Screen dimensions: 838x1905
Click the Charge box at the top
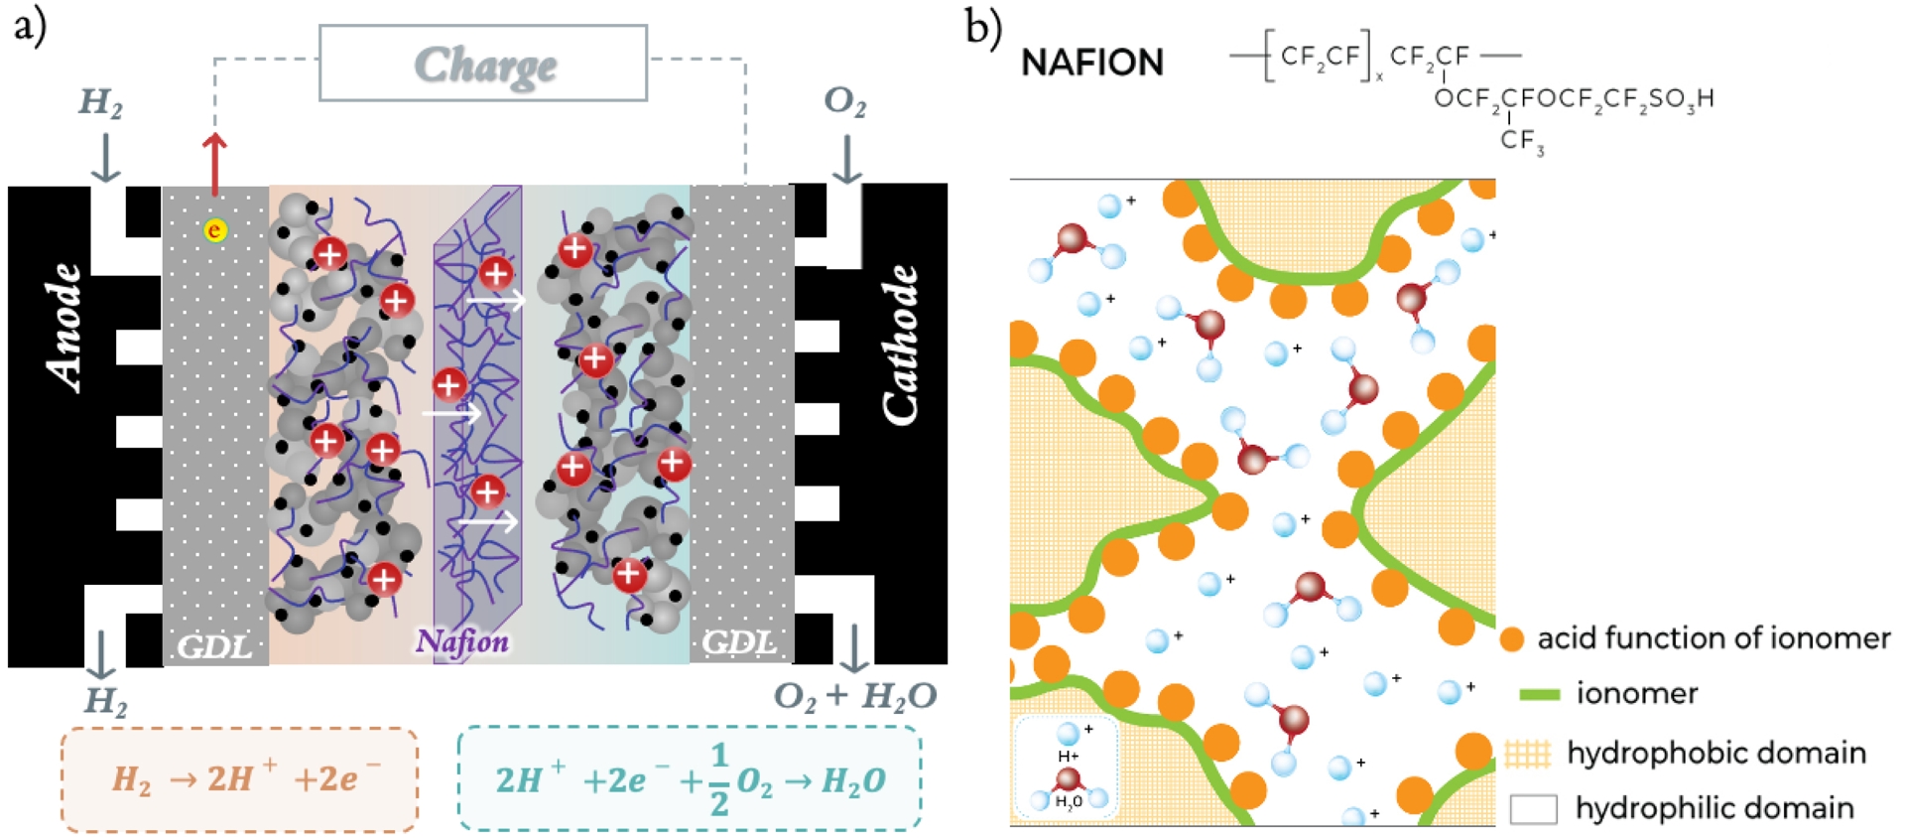pyautogui.click(x=483, y=64)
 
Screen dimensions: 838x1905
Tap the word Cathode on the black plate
pyautogui.click(x=900, y=345)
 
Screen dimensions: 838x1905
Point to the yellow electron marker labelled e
pyautogui.click(x=214, y=230)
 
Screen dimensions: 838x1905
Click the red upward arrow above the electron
pyautogui.click(x=214, y=164)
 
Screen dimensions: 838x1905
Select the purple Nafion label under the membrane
pyautogui.click(x=462, y=641)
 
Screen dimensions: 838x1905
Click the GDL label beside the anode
pyautogui.click(x=214, y=646)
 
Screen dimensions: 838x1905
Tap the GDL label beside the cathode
pyautogui.click(x=739, y=643)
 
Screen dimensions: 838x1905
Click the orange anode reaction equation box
pyautogui.click(x=239, y=779)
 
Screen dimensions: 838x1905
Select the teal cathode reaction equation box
pyautogui.click(x=689, y=779)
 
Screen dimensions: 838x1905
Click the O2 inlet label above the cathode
pyautogui.click(x=844, y=101)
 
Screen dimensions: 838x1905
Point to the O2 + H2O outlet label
pyautogui.click(x=854, y=696)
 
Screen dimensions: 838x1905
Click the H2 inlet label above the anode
pyautogui.click(x=100, y=101)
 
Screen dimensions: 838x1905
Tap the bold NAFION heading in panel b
pyautogui.click(x=1091, y=63)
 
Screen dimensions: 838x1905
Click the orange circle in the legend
pyautogui.click(x=1511, y=639)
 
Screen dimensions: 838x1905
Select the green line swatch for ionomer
pyautogui.click(x=1539, y=694)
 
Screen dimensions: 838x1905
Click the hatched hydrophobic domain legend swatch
pyautogui.click(x=1527, y=754)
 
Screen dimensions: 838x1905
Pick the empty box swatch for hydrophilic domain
pyautogui.click(x=1533, y=809)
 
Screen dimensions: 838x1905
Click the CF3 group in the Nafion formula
pyautogui.click(x=1522, y=141)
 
